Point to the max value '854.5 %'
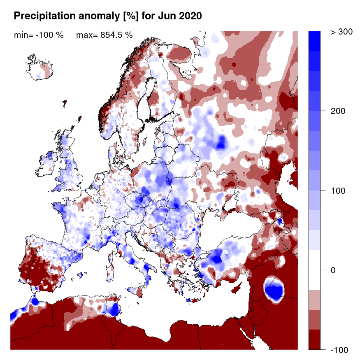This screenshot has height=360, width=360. (115, 35)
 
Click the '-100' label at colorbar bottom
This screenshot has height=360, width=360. (339, 350)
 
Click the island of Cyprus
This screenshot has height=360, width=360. (236, 288)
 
